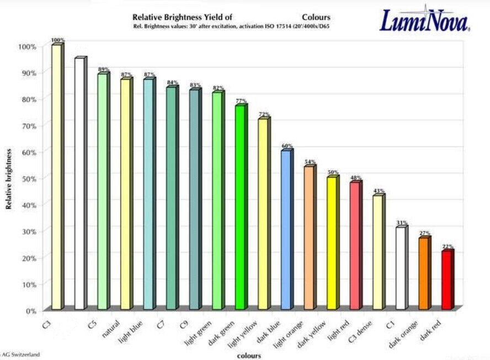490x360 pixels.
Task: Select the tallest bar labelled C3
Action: [x=56, y=177]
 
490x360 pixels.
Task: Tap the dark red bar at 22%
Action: [x=447, y=280]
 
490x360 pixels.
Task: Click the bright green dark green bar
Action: [x=240, y=207]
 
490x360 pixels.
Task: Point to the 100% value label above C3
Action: [x=57, y=40]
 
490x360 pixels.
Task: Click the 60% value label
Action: [x=287, y=146]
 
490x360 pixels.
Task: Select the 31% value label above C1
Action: [x=402, y=223]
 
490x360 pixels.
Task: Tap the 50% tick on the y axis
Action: [x=29, y=178]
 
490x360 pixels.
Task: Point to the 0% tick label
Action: [x=31, y=310]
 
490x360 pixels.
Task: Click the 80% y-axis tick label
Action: [x=29, y=99]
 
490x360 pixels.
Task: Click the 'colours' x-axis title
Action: [x=249, y=356]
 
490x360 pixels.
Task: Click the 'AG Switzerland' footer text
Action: [x=20, y=354]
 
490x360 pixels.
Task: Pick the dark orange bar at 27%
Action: [x=424, y=273]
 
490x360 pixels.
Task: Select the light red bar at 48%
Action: [x=355, y=246]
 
